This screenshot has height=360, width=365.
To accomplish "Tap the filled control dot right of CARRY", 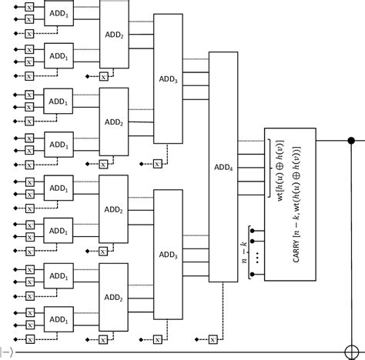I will [x=352, y=140].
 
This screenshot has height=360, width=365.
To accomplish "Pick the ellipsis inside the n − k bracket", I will [x=257, y=256].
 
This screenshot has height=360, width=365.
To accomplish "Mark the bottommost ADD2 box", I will [x=114, y=296].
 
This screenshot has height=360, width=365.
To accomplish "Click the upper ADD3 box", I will [x=168, y=78].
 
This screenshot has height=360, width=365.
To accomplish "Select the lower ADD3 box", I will [x=168, y=253].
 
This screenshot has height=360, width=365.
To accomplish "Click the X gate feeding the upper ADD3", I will [x=157, y=164].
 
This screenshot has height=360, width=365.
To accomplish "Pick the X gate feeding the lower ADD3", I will [x=157, y=339].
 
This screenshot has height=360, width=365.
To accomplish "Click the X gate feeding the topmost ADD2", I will [x=103, y=76].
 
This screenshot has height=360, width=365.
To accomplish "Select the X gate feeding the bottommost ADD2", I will [x=103, y=339].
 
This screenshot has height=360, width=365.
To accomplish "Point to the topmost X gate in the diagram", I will [x=29, y=6].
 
